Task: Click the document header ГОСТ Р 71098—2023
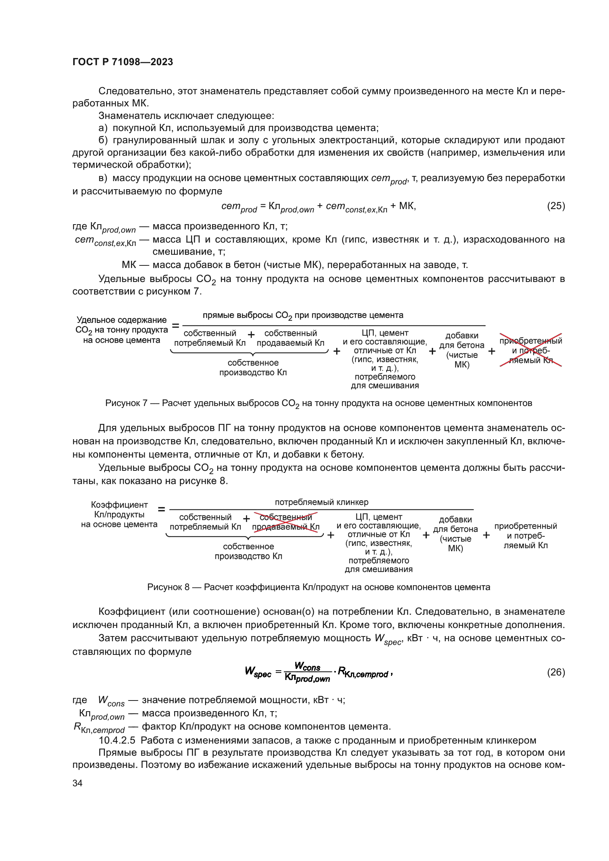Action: pos(123,62)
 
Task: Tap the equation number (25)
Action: pos(556,206)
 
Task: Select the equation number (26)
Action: pos(556,672)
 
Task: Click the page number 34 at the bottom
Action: pos(77,783)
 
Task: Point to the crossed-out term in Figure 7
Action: pos(530,350)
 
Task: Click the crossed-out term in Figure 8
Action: pos(286,522)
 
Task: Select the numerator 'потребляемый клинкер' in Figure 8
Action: pos(321,502)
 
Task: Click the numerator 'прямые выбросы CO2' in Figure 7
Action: pos(303,315)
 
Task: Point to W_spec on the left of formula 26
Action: pos(258,672)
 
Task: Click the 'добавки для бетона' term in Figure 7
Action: pos(462,350)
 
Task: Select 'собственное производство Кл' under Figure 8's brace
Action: pos(248,551)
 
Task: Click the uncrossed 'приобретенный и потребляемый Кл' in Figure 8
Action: pos(525,536)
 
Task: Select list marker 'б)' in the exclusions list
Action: pos(103,140)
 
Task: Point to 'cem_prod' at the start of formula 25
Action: pos(239,207)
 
